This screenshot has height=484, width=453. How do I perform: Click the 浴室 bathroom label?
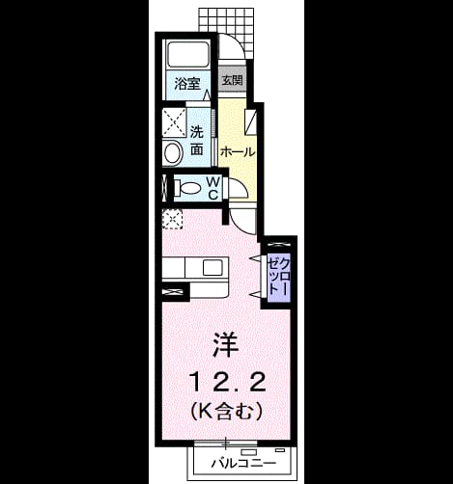(x=187, y=84)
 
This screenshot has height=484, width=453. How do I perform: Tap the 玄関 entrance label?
(x=233, y=80)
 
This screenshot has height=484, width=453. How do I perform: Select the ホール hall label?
(x=238, y=151)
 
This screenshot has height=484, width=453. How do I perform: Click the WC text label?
(x=213, y=188)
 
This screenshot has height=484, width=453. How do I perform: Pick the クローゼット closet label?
(x=279, y=276)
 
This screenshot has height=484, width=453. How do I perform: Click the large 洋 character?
(x=225, y=344)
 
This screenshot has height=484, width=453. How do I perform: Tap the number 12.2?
(x=228, y=382)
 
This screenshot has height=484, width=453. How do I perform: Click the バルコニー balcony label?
(x=243, y=463)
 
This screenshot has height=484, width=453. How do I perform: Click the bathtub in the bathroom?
(x=187, y=54)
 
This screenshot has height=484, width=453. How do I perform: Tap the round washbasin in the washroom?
(x=173, y=153)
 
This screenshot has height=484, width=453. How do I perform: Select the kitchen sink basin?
(x=212, y=267)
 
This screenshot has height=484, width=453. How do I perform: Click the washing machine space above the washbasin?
(x=174, y=122)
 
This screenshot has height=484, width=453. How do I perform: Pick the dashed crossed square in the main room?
(x=172, y=219)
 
